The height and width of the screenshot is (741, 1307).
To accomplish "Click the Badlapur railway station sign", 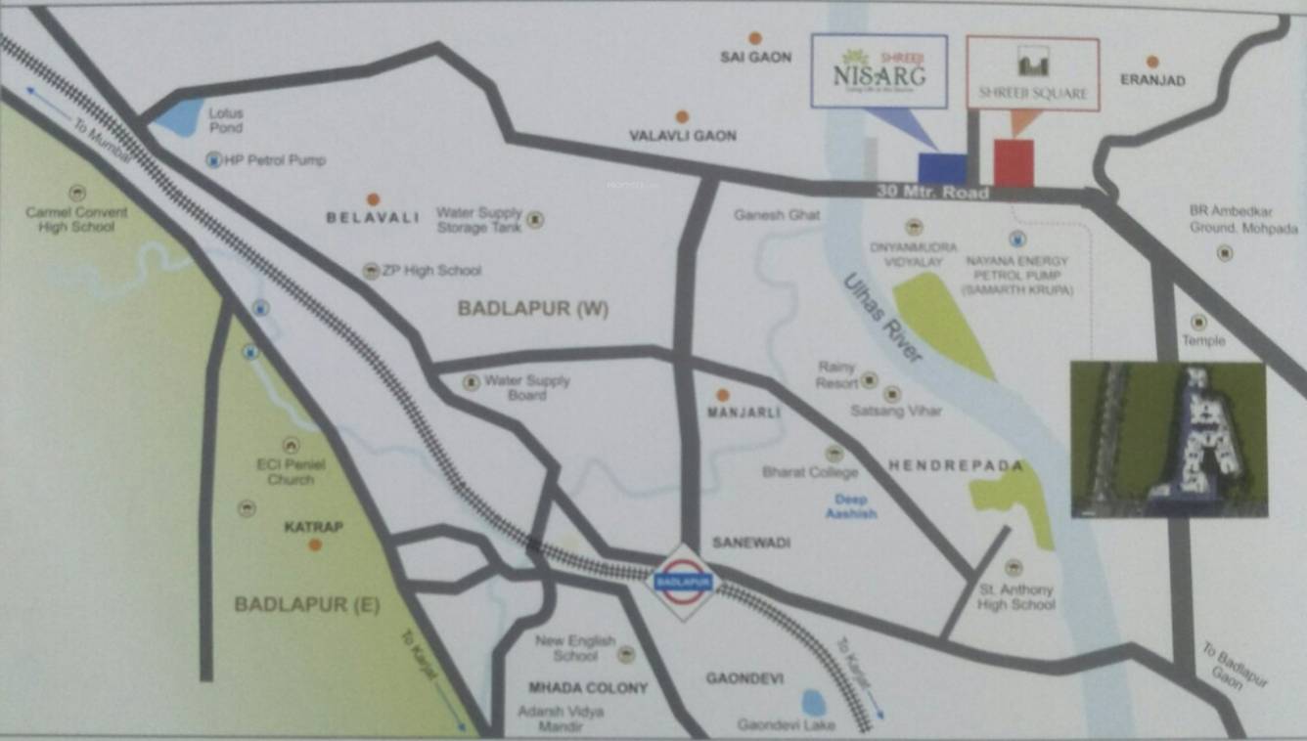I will pyautogui.click(x=684, y=582).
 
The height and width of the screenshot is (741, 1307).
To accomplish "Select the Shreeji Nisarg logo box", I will pyautogui.click(x=879, y=70).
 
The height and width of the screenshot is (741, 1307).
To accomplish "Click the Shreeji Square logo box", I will pyautogui.click(x=1032, y=73).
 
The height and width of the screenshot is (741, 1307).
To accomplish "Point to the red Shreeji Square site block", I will pyautogui.click(x=1014, y=162).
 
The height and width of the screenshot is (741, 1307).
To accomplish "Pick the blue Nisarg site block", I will pyautogui.click(x=941, y=167).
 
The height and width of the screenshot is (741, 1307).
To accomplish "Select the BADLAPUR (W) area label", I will pyautogui.click(x=533, y=309).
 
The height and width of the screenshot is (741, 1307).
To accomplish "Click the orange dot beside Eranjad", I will pyautogui.click(x=1152, y=62).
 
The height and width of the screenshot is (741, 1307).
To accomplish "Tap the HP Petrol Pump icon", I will pyautogui.click(x=214, y=159).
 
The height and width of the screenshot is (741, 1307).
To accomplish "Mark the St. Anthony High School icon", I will pyautogui.click(x=1014, y=567).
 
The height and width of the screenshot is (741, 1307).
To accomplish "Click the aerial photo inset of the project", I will pyautogui.click(x=1168, y=439).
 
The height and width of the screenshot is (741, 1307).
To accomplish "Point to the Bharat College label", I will pyautogui.click(x=810, y=472).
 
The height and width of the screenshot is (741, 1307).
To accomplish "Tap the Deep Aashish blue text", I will pyautogui.click(x=850, y=506).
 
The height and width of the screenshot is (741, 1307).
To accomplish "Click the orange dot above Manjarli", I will pyautogui.click(x=722, y=395).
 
